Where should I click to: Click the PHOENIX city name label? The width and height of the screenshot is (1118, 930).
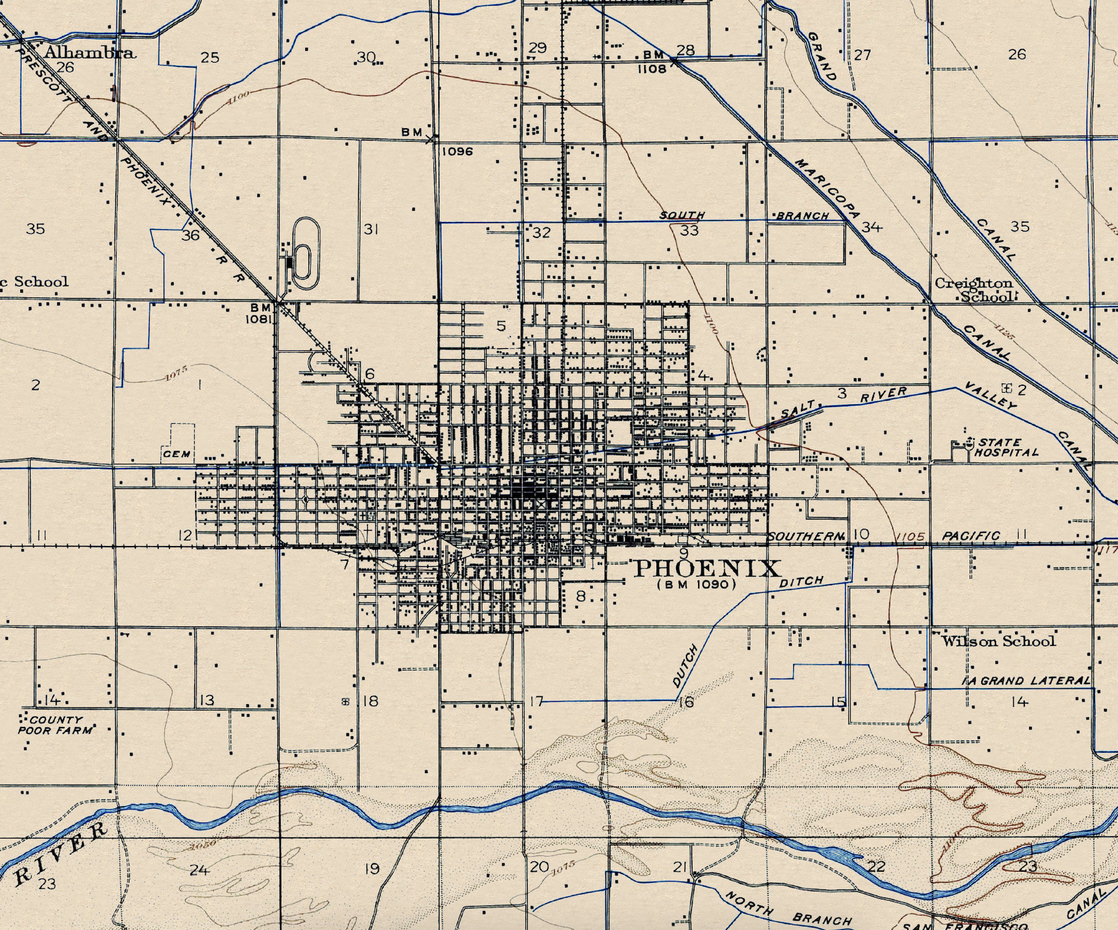[x=708, y=569]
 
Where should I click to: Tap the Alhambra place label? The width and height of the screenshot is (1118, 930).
[x=89, y=52]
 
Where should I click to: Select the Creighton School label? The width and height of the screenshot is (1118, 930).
[x=975, y=290]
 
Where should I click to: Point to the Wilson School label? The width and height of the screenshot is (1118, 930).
[x=998, y=642]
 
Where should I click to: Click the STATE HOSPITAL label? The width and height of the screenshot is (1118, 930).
[x=1006, y=447]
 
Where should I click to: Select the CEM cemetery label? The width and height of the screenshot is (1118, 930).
[x=177, y=455]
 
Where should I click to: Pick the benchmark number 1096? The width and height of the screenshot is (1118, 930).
[x=457, y=151]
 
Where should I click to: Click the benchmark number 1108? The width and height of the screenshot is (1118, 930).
[x=652, y=69]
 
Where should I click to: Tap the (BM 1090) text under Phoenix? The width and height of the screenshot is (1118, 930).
[x=696, y=585]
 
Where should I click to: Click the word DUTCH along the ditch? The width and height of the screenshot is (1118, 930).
[x=685, y=666]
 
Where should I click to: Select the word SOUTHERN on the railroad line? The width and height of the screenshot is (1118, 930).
[x=806, y=537]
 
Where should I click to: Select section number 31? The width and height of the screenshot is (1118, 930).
[x=371, y=229]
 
